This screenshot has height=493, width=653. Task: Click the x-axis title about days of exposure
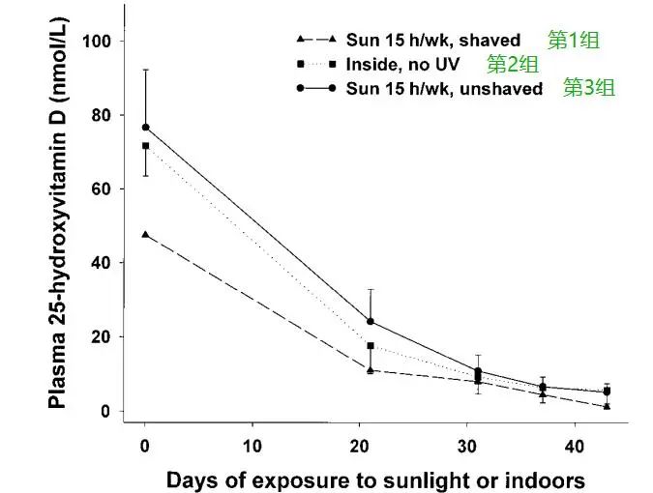375,479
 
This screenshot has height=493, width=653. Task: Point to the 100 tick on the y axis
101,42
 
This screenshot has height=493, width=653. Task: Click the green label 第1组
573,40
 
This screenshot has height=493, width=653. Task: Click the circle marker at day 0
145,128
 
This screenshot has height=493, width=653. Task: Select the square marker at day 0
145,146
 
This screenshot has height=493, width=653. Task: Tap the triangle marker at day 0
145,234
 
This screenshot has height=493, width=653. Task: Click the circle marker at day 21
371,322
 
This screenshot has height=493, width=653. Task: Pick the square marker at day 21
371,345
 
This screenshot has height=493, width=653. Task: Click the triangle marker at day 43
607,406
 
